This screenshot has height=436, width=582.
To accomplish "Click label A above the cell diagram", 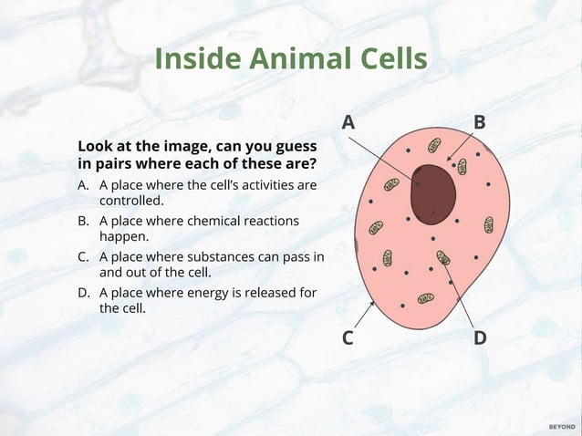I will click(348, 122).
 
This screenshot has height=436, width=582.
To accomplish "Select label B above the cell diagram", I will click(479, 122).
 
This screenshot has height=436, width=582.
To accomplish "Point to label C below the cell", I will click(348, 337).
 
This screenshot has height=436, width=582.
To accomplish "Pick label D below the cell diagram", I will click(480, 337).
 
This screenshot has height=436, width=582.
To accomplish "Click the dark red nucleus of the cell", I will click(432, 193).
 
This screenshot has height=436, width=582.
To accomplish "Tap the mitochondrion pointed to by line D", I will click(443, 258).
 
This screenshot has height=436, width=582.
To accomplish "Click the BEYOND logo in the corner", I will click(561, 426).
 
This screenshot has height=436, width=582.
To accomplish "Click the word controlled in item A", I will click(131, 200).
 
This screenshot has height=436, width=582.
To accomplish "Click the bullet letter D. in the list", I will click(84, 293).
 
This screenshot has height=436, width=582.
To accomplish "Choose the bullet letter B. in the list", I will click(84, 221).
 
